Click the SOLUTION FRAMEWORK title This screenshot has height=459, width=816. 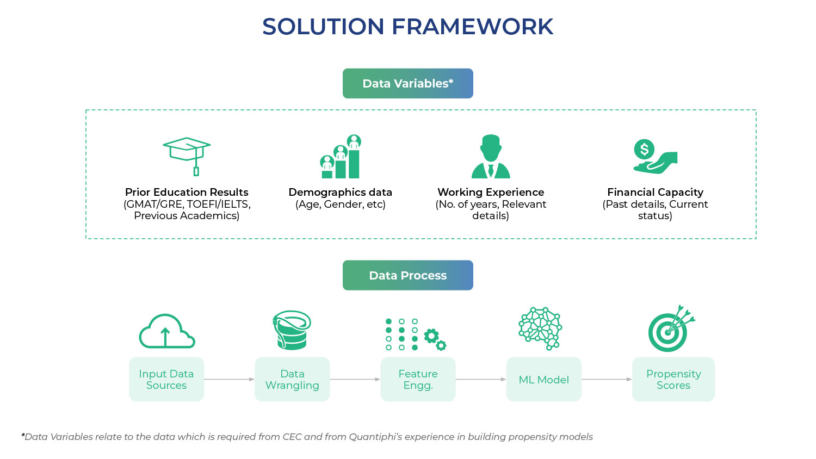407,27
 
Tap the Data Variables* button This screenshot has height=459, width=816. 407,83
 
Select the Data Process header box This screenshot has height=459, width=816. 407,275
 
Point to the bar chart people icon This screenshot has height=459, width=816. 341,157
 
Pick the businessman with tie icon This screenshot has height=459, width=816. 491,157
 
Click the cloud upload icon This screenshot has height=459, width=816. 166,331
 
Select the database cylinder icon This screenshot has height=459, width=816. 292,330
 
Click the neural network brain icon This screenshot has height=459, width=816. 540,328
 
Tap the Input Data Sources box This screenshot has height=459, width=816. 166,380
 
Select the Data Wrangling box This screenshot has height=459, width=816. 292,380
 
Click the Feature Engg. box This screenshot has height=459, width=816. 418,380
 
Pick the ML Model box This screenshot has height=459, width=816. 543,380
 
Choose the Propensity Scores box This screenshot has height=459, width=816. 673,380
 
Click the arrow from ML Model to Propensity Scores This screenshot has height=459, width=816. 607,379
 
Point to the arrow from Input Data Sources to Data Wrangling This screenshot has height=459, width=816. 229,379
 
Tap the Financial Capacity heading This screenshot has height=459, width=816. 655,192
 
